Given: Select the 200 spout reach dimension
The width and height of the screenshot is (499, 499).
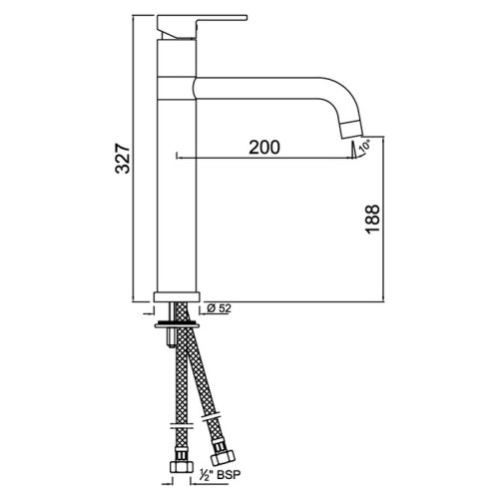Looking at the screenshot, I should click(x=261, y=146).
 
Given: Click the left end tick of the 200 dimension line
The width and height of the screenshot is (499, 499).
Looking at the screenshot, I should click(x=176, y=156).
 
